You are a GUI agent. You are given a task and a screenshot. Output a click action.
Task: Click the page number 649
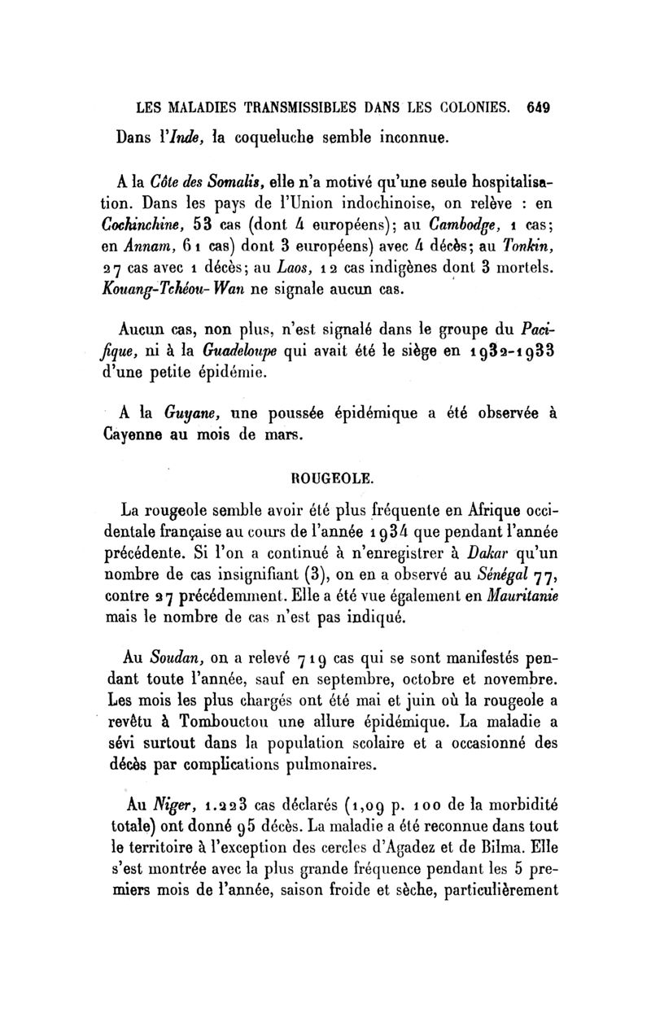click(540, 107)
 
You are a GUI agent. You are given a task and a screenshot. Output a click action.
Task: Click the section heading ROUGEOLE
click(325, 478)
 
